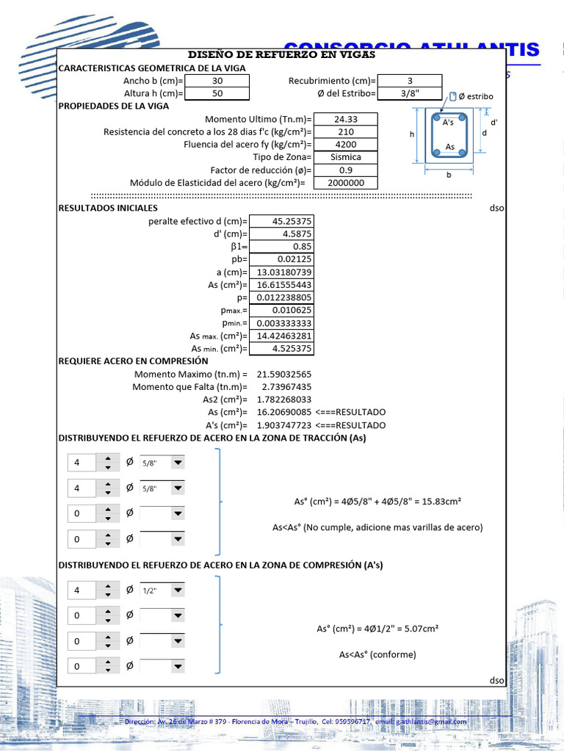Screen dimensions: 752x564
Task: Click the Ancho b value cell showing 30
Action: point(217,81)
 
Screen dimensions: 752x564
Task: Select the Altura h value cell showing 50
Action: point(217,94)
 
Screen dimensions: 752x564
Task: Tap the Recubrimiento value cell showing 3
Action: point(409,81)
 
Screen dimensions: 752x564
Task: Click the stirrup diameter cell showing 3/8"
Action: point(409,94)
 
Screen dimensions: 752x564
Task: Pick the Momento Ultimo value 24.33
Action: point(345,119)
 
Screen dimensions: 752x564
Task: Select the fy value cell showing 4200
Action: point(345,145)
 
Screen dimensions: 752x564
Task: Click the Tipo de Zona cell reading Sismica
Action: point(345,157)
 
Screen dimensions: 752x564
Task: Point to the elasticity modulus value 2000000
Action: point(345,183)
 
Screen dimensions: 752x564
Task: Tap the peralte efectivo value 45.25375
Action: point(282,221)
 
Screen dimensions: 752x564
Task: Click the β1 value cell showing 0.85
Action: point(282,247)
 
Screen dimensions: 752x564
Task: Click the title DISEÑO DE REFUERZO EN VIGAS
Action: point(282,55)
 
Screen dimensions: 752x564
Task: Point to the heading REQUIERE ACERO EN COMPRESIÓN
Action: point(133,361)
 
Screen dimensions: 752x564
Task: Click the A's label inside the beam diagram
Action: point(448,123)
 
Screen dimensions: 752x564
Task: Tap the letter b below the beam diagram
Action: point(449,176)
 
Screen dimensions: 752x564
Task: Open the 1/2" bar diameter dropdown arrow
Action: point(178,590)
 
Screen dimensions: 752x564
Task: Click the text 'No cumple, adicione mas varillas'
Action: point(377,527)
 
